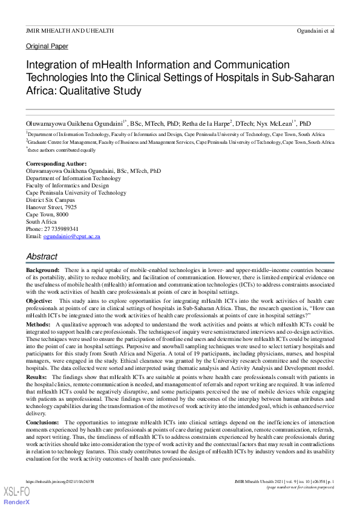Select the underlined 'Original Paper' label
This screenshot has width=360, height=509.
tap(47, 46)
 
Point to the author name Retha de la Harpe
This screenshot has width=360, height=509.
tap(201, 122)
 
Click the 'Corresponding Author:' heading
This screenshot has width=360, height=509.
tap(56, 163)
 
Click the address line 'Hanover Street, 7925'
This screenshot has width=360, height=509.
tap(51, 207)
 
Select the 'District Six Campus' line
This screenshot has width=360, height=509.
tap(50, 199)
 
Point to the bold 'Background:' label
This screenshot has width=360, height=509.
tap(42, 269)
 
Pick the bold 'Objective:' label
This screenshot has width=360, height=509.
tap(39, 300)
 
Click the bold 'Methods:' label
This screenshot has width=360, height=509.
tap(38, 325)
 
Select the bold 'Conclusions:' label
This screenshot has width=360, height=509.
tap(43, 422)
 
